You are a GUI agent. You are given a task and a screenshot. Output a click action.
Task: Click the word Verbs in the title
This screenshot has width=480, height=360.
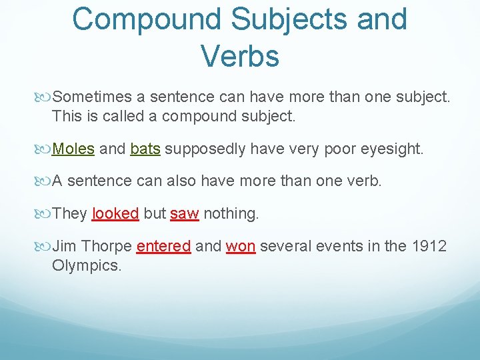[239, 55]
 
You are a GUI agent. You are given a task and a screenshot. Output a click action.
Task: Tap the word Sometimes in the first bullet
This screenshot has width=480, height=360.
[98, 98]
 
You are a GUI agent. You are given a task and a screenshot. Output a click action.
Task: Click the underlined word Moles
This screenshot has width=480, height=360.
[73, 149]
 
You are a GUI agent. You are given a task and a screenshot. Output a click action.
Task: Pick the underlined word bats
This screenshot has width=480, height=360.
[145, 149]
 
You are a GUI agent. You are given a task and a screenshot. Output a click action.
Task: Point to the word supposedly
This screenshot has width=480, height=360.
[206, 149]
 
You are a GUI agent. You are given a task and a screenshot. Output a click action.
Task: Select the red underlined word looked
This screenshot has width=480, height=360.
[115, 213]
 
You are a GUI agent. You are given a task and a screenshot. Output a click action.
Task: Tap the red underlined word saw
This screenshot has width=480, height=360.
[184, 213]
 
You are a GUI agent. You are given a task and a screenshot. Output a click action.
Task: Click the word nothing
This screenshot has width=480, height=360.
[231, 213]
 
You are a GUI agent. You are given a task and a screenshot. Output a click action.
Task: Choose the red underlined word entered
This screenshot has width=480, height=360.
[163, 246]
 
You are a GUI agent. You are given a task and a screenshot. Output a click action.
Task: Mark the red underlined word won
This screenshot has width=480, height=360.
[241, 246]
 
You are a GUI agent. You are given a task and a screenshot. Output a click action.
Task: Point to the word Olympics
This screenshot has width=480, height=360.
[87, 266]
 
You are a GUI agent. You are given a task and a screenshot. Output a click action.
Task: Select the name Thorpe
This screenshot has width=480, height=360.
[106, 246]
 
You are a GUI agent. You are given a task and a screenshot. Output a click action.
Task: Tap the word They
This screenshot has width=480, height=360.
[69, 213]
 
